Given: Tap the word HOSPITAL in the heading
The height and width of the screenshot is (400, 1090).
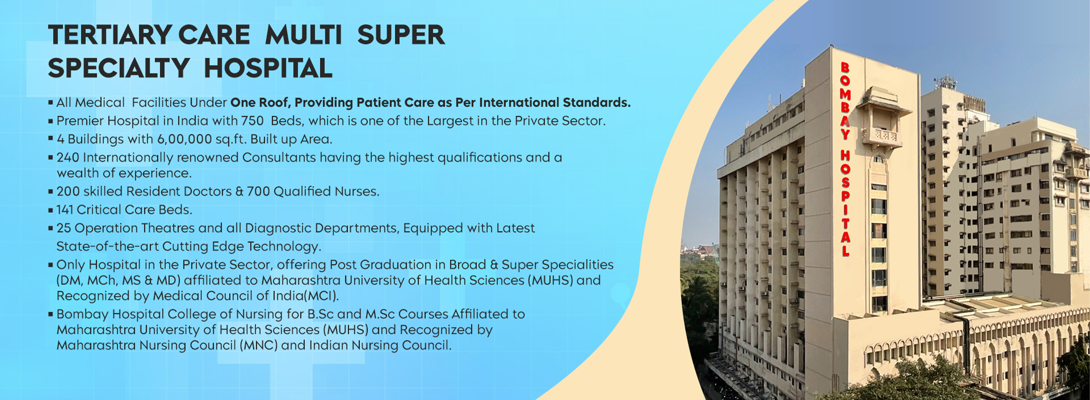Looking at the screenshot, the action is click(x=268, y=68).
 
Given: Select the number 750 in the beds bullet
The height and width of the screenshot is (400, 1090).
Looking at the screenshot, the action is click(x=252, y=121).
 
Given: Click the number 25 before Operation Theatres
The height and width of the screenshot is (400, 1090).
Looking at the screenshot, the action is click(x=64, y=228).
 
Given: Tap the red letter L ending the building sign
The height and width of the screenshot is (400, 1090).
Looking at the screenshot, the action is click(x=845, y=251).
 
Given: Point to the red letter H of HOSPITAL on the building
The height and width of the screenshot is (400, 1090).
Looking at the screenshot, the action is click(x=845, y=155).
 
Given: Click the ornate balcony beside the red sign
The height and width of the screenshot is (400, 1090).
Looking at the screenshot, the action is click(x=882, y=136).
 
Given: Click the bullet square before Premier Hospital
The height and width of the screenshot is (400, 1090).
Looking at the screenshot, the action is click(x=51, y=121).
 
